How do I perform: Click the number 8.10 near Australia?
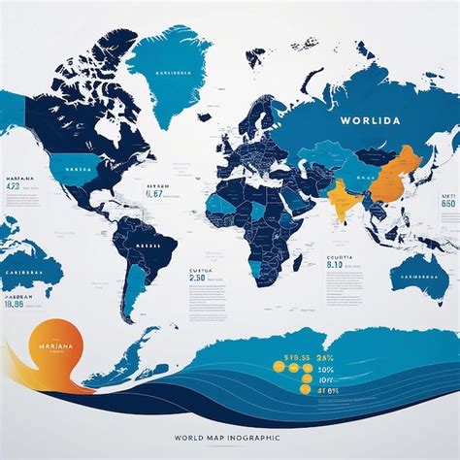[x=336, y=263]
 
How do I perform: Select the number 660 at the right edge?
[x=447, y=205]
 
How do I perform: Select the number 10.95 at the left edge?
[x=15, y=304]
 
